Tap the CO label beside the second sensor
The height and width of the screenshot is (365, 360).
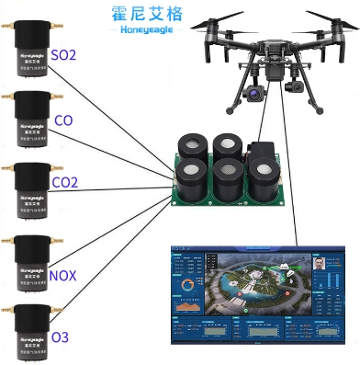(64, 120)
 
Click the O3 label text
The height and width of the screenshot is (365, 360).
(60, 337)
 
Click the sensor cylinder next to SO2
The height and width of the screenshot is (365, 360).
(30, 55)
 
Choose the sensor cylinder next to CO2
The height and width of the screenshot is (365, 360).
(30, 188)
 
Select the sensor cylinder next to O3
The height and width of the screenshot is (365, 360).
(30, 328)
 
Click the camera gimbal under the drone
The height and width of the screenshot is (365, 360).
(254, 90)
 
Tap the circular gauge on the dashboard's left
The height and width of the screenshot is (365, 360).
(188, 285)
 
